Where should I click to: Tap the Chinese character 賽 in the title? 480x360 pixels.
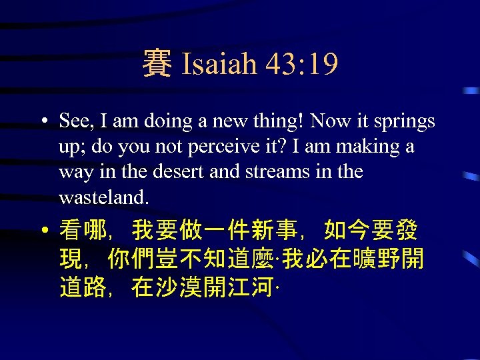coord(157,65)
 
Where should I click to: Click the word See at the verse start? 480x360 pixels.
coord(76,121)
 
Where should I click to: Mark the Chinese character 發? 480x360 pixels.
coord(405,231)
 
